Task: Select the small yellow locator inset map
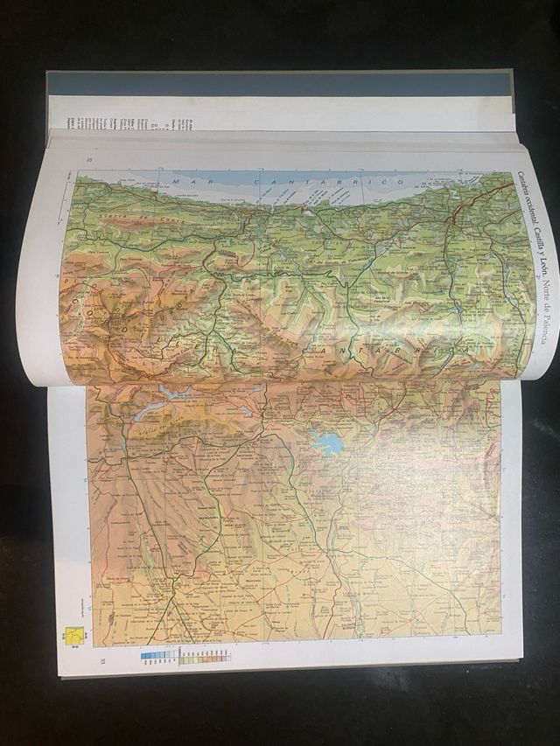[x=76, y=637]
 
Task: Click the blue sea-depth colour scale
[x=158, y=654]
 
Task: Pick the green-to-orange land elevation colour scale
[x=206, y=654]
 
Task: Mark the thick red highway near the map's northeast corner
[x=455, y=219]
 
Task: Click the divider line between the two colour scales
[x=179, y=654]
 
